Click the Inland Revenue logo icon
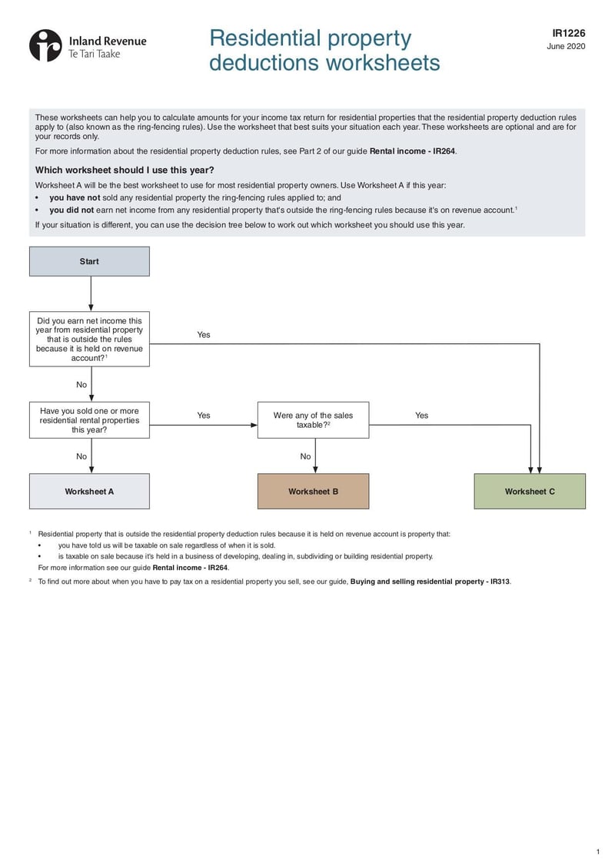click(45, 45)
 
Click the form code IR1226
click(568, 33)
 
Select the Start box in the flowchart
click(89, 261)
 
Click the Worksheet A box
click(89, 492)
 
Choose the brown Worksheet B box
click(313, 492)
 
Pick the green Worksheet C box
click(530, 492)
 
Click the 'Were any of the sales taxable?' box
click(313, 420)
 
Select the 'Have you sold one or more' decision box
click(89, 420)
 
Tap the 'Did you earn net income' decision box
click(89, 339)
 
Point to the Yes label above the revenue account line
click(204, 335)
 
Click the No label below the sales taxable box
click(305, 456)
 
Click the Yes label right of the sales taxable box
click(422, 416)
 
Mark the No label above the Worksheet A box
click(81, 456)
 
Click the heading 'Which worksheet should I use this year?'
click(125, 170)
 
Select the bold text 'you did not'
click(71, 209)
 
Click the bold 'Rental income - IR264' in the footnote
click(191, 568)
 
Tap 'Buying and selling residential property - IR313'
click(430, 581)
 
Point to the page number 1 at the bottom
click(597, 852)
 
